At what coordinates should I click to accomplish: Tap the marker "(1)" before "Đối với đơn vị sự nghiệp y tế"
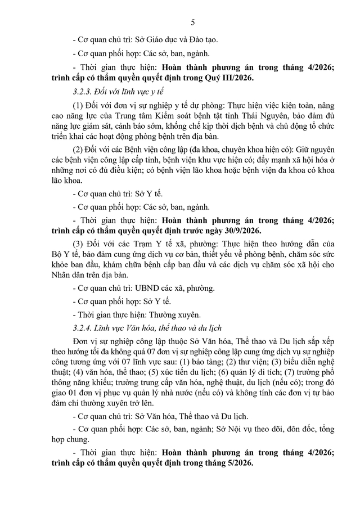80,106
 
